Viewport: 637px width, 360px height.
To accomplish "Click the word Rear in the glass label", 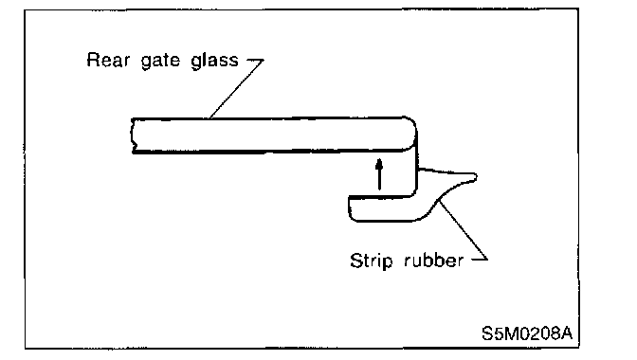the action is (x=108, y=60).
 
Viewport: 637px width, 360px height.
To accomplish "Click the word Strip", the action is (x=372, y=261).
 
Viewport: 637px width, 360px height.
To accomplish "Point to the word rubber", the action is (x=434, y=261).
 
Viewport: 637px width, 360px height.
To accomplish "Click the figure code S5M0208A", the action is (x=527, y=333).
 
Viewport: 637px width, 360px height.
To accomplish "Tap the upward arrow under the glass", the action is (x=379, y=174).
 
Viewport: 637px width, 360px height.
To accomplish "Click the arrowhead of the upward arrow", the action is (x=379, y=163).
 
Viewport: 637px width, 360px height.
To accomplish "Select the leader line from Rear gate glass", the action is (x=236, y=89).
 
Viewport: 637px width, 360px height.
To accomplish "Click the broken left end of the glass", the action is (x=133, y=136).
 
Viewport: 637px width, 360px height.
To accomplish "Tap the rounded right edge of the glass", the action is (x=412, y=134).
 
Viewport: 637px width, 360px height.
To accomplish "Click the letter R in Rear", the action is (x=93, y=60).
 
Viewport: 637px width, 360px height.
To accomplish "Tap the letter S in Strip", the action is (x=356, y=261).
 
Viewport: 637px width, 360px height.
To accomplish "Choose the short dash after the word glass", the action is (x=256, y=60).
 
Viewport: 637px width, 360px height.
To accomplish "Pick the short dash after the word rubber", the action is (x=480, y=258).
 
